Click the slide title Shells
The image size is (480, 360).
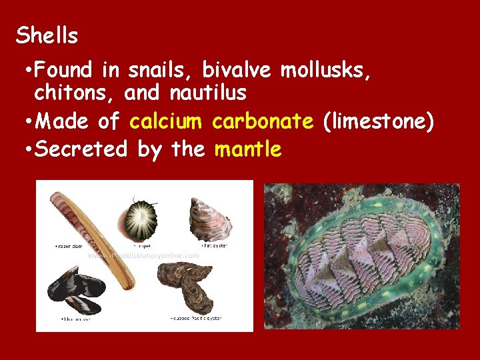47,35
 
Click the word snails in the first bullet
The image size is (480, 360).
161,69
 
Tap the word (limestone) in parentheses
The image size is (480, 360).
377,121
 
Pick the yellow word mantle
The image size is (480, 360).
248,149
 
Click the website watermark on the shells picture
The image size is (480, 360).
143,255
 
